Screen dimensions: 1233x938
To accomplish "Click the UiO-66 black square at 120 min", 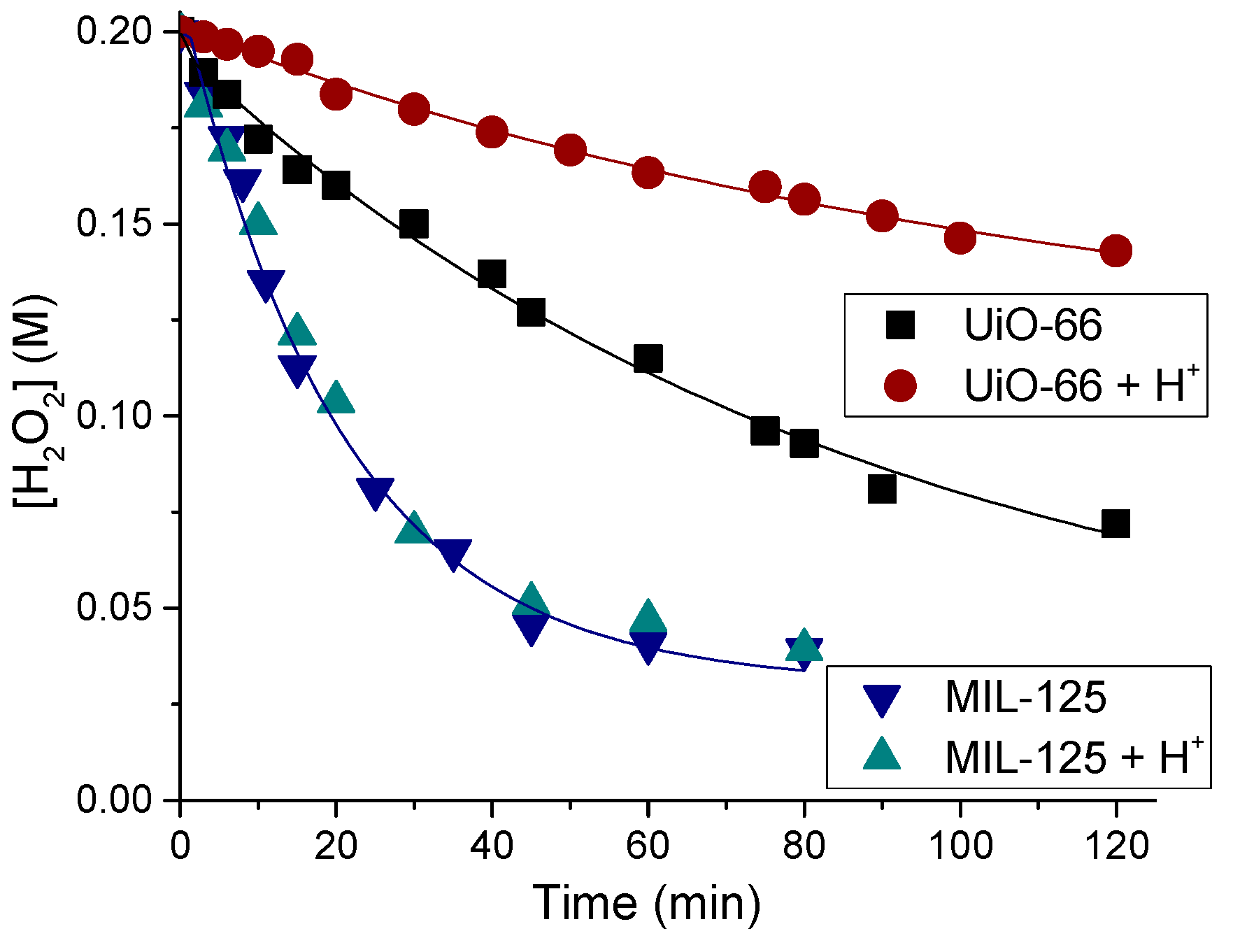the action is tap(1116, 523).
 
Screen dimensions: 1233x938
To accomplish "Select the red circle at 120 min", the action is tap(1116, 250).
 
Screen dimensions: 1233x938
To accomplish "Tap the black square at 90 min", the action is tap(882, 489).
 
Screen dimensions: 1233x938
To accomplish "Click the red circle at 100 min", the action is tap(960, 238).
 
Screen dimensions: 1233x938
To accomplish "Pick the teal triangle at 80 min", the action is tap(804, 646).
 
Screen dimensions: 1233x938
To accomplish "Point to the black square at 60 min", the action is tap(648, 358).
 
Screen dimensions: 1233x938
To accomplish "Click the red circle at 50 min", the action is tap(570, 150).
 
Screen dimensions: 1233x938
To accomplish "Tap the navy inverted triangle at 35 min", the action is tap(452, 554).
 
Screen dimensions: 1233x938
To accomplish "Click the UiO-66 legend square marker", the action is tap(900, 325).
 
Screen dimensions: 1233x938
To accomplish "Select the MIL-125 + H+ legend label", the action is tap(1074, 757).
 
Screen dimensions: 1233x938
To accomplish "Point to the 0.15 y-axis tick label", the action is tap(114, 224).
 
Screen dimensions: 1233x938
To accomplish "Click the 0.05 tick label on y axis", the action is tap(114, 607).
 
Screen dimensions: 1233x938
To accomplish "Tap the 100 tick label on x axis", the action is tap(960, 846).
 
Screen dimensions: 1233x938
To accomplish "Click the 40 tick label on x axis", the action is tap(492, 846).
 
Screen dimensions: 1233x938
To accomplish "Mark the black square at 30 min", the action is tap(414, 224).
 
